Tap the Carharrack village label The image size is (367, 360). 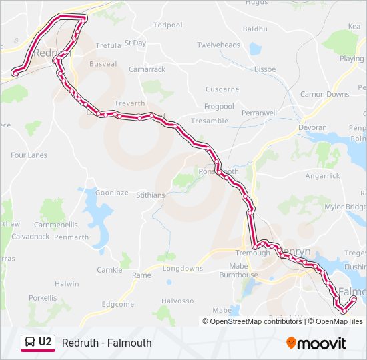(146, 69)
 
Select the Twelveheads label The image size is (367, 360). (218, 45)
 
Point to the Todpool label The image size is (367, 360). (167, 25)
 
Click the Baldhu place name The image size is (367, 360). (255, 29)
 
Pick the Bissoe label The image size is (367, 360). (265, 69)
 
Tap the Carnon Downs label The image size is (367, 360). (324, 94)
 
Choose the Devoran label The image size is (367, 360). (312, 127)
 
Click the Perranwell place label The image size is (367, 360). (259, 113)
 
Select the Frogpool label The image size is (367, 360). (219, 106)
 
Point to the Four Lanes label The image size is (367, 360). (29, 155)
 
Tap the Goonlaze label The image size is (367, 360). (111, 193)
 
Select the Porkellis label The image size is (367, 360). (43, 297)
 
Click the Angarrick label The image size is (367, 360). (322, 176)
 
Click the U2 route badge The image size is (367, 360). (37, 343)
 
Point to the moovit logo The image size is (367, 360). (316, 343)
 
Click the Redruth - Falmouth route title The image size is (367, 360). (107, 343)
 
